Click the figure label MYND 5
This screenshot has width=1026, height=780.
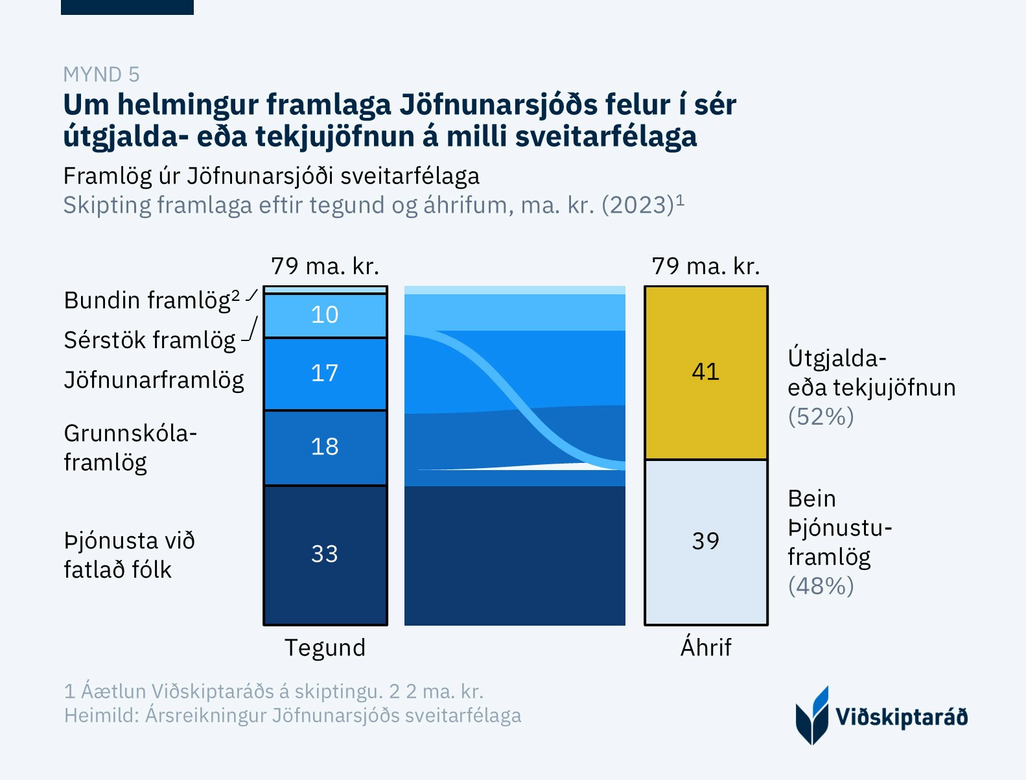101,75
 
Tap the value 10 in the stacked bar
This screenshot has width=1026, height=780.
325,315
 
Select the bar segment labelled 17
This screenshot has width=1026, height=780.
325,373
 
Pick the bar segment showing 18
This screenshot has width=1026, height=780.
325,447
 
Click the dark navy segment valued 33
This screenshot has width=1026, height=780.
325,554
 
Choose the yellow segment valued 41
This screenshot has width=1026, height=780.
706,372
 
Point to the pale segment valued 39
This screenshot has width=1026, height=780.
706,541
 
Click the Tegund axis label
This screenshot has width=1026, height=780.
325,648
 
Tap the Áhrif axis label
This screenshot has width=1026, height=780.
706,648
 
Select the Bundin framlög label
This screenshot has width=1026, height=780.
152,301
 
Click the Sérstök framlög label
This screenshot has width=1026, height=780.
150,340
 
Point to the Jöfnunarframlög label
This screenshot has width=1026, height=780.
154,380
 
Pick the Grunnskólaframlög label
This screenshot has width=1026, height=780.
130,447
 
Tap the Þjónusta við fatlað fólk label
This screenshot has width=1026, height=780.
129,555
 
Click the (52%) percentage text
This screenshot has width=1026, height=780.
821,416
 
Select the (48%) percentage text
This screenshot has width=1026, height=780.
821,586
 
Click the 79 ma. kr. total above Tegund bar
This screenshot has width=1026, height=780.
325,266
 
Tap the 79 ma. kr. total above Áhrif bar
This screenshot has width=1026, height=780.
706,266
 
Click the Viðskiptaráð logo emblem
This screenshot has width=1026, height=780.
812,716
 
